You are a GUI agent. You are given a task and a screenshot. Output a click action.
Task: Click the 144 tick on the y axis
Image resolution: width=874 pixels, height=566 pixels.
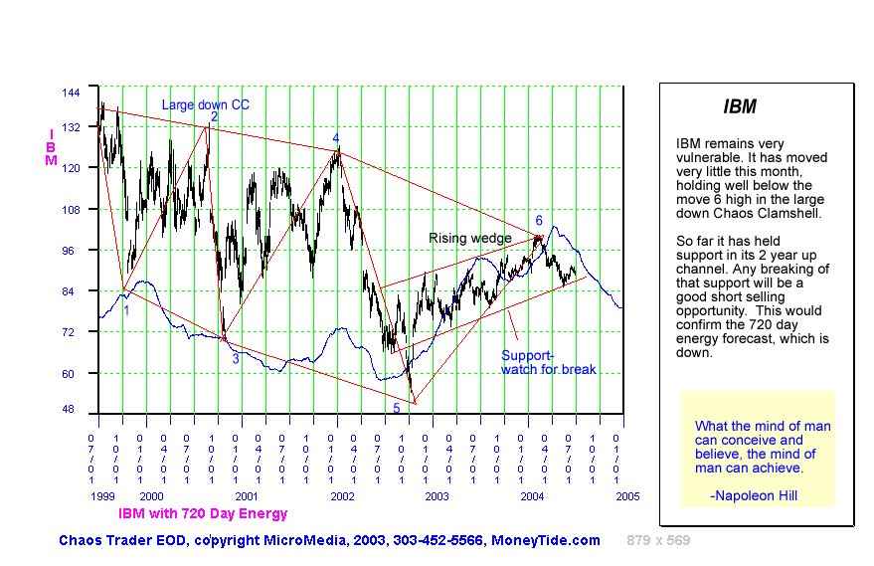point(71,92)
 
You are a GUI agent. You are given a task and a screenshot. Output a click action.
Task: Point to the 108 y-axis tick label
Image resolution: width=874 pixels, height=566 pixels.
point(71,210)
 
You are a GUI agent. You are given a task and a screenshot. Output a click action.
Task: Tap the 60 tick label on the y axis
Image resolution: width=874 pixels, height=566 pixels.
point(71,373)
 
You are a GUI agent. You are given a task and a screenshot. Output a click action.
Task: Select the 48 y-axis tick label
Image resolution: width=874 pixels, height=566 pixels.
point(71,409)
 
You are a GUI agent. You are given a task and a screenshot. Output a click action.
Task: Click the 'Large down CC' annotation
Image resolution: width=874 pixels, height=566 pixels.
point(206,104)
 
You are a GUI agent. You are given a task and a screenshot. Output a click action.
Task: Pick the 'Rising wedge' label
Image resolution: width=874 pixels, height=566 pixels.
point(469,238)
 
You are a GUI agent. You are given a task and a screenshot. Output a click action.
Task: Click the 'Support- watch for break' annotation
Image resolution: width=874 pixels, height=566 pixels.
point(548,362)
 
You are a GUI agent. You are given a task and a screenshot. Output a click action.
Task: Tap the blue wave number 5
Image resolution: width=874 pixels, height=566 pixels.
point(396,408)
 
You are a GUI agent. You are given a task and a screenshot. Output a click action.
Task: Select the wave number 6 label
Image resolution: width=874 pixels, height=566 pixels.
point(539,220)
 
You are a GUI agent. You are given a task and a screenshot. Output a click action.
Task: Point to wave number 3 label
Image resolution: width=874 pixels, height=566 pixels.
point(236,359)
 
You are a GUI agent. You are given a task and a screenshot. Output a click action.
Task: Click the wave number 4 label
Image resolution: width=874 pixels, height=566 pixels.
point(336,138)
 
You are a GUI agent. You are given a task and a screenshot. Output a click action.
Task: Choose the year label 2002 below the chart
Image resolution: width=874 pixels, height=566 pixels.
point(342,495)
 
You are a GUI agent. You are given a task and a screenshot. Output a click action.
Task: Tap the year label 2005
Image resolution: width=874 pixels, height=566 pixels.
point(625,495)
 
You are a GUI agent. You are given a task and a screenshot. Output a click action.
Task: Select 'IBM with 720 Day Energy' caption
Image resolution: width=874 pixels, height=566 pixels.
point(203,513)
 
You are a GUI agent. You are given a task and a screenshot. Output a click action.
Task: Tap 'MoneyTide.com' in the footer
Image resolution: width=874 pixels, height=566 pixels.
point(546,540)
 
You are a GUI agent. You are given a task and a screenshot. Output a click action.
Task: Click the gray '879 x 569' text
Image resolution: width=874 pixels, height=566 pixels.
point(658,540)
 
